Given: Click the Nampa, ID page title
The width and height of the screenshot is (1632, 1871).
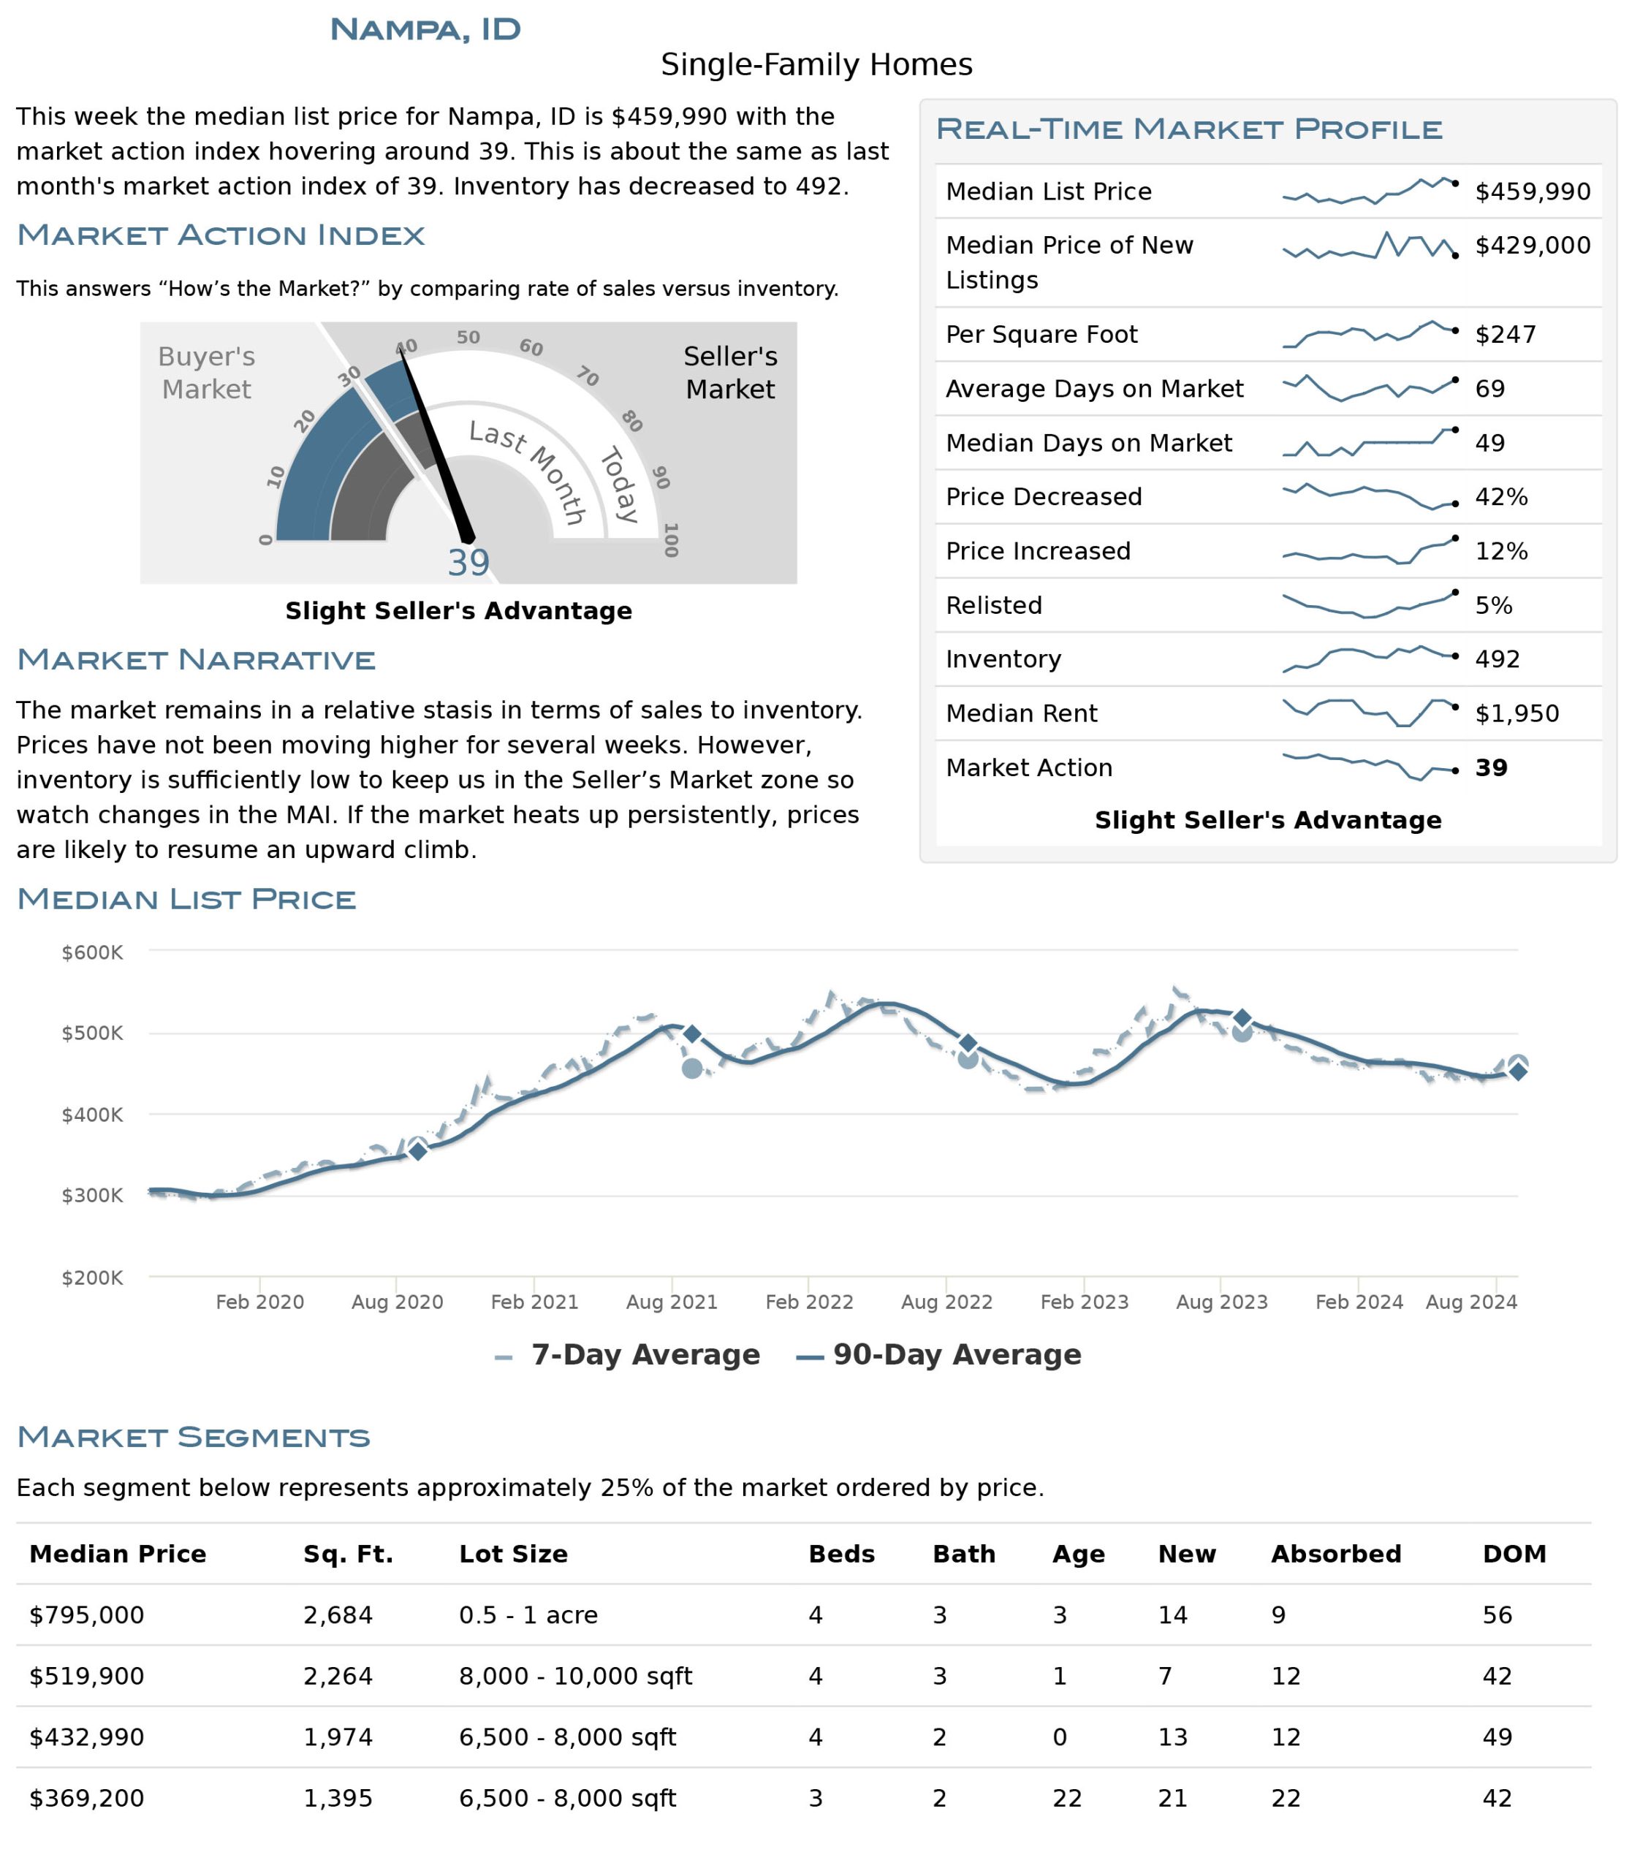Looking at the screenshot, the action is click(425, 29).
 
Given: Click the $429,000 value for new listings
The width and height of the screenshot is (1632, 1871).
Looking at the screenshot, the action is click(1533, 245).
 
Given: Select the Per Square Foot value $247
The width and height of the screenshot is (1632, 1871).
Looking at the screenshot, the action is click(1506, 334).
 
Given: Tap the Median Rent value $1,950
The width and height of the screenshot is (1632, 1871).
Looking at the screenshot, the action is click(1517, 713).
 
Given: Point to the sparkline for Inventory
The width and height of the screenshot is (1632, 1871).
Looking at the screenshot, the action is click(1369, 659).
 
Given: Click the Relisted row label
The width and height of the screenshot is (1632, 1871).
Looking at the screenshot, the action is click(993, 605).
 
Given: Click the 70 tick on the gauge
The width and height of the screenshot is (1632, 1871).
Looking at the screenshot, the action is click(588, 376).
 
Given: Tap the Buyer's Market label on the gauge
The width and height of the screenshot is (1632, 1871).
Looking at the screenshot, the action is click(207, 373).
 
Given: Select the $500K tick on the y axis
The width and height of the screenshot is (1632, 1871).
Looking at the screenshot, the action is click(92, 1033).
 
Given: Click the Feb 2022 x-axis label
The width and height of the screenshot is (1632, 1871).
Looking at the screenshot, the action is click(809, 1302).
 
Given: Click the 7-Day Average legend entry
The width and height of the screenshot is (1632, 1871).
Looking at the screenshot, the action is click(628, 1354).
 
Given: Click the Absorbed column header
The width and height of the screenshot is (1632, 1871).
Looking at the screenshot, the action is click(1336, 1554).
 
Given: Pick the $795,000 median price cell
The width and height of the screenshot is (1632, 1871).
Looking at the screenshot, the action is click(86, 1615).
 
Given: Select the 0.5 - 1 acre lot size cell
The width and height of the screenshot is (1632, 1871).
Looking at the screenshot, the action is click(528, 1615).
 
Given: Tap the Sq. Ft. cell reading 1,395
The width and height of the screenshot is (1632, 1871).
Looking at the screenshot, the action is click(338, 1798).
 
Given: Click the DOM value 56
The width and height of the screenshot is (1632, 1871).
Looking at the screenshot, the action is click(1498, 1615).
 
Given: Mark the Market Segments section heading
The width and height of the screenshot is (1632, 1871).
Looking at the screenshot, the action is click(194, 1438).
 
